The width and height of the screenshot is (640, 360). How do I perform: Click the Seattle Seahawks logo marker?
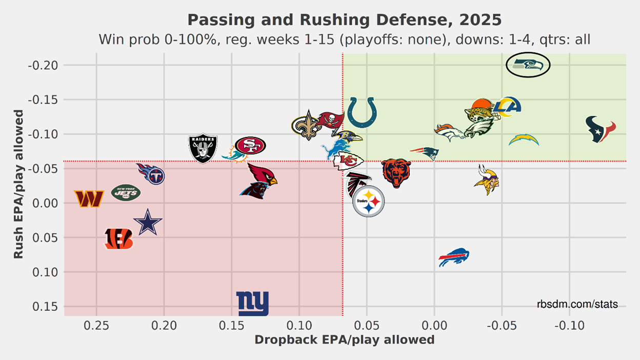[x=528, y=65]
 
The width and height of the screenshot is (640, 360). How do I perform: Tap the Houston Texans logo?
[x=601, y=129]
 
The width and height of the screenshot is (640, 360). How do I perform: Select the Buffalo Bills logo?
[x=454, y=257]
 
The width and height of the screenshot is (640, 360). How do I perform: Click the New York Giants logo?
[x=252, y=304]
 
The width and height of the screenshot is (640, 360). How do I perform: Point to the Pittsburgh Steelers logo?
[x=368, y=202]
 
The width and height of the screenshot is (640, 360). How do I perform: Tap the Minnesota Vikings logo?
[x=486, y=179]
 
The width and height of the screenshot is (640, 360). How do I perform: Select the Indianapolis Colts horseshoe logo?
[x=362, y=113]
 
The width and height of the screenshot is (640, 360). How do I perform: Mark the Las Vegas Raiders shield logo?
[x=203, y=148]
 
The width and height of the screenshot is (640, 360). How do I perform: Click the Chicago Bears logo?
[x=396, y=173]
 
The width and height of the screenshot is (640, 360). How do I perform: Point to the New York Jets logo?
[x=126, y=193]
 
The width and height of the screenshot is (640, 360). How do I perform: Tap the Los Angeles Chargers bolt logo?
[x=524, y=139]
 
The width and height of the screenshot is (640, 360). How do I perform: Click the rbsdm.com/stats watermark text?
[x=577, y=305]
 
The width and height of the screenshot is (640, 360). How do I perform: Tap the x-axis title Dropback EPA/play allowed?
[x=345, y=340]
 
